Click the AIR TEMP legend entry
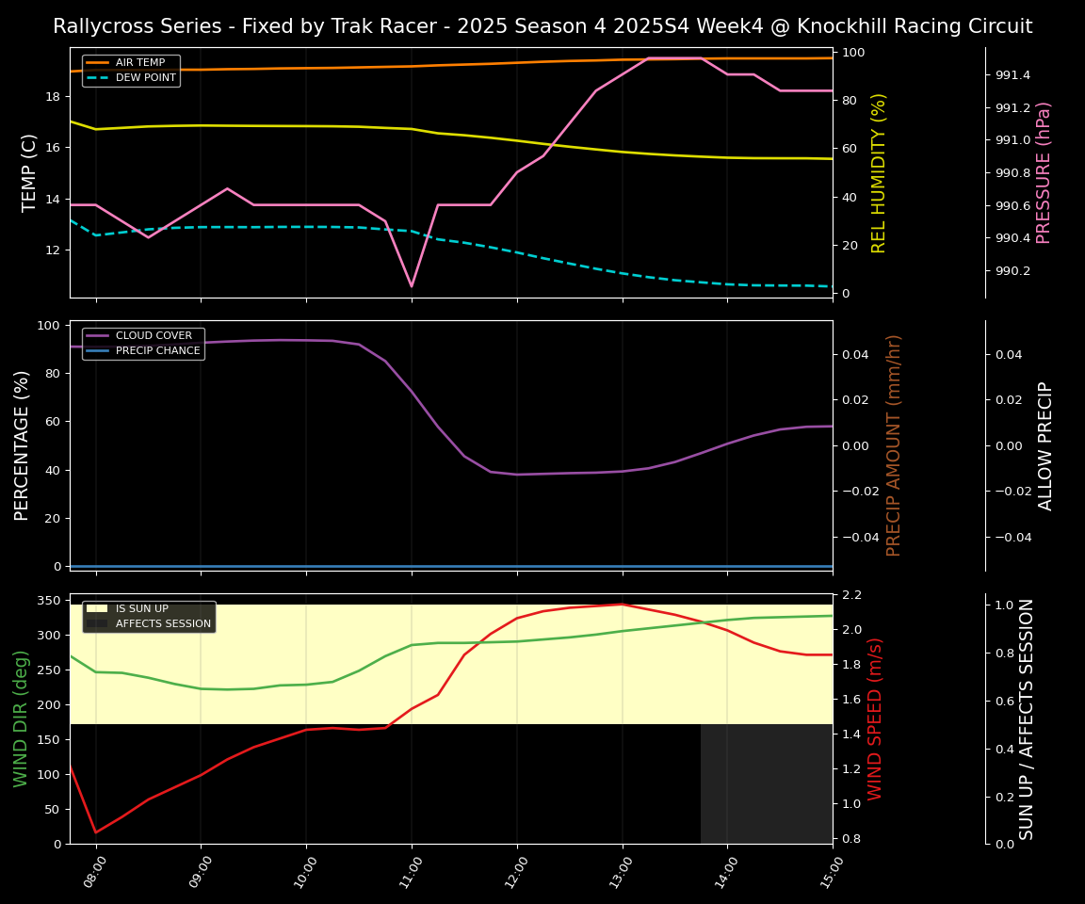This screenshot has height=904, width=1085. (139, 63)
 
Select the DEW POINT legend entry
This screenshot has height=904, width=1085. (145, 78)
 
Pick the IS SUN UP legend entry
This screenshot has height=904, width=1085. (141, 609)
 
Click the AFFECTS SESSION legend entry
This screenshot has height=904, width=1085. (154, 624)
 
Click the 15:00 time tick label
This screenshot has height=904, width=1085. (828, 872)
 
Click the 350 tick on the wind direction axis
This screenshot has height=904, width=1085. (50, 601)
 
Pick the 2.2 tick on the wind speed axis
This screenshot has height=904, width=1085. (851, 595)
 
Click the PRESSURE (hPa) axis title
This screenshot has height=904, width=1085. (1044, 172)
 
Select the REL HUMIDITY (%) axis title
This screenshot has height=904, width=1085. (879, 172)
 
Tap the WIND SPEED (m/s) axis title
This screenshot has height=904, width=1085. (875, 718)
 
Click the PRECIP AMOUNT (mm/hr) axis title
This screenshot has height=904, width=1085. (894, 445)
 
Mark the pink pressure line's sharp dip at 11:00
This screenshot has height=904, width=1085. (412, 286)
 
